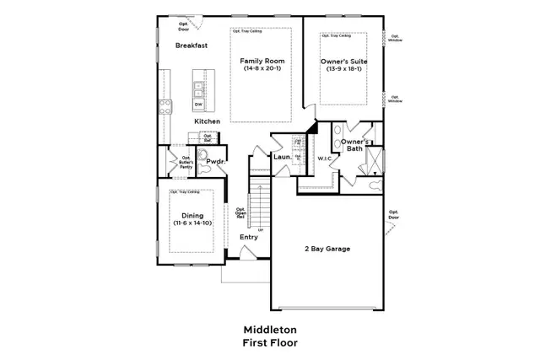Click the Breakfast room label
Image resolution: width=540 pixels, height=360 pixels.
[192, 46]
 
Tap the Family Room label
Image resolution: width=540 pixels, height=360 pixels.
[261, 61]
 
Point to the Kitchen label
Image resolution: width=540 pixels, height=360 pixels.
[207, 121]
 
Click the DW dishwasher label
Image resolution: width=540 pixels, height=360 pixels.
[199, 104]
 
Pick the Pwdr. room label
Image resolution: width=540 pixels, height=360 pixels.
[214, 161]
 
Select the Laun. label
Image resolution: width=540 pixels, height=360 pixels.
[282, 157]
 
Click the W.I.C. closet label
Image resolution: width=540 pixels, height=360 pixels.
[326, 159]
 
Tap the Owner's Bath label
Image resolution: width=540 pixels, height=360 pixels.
[354, 147]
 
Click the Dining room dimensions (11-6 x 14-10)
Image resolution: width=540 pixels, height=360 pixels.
[192, 223]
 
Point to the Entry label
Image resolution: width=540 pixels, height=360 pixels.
[248, 237]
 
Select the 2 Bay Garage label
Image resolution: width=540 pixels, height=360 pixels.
[327, 249]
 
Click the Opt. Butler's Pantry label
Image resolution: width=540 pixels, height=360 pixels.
[186, 162]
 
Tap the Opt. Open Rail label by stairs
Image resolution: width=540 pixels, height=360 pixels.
[240, 214]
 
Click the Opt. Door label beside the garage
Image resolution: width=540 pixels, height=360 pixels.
[392, 214]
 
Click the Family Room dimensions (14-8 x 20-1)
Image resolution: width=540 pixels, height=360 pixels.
[261, 68]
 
